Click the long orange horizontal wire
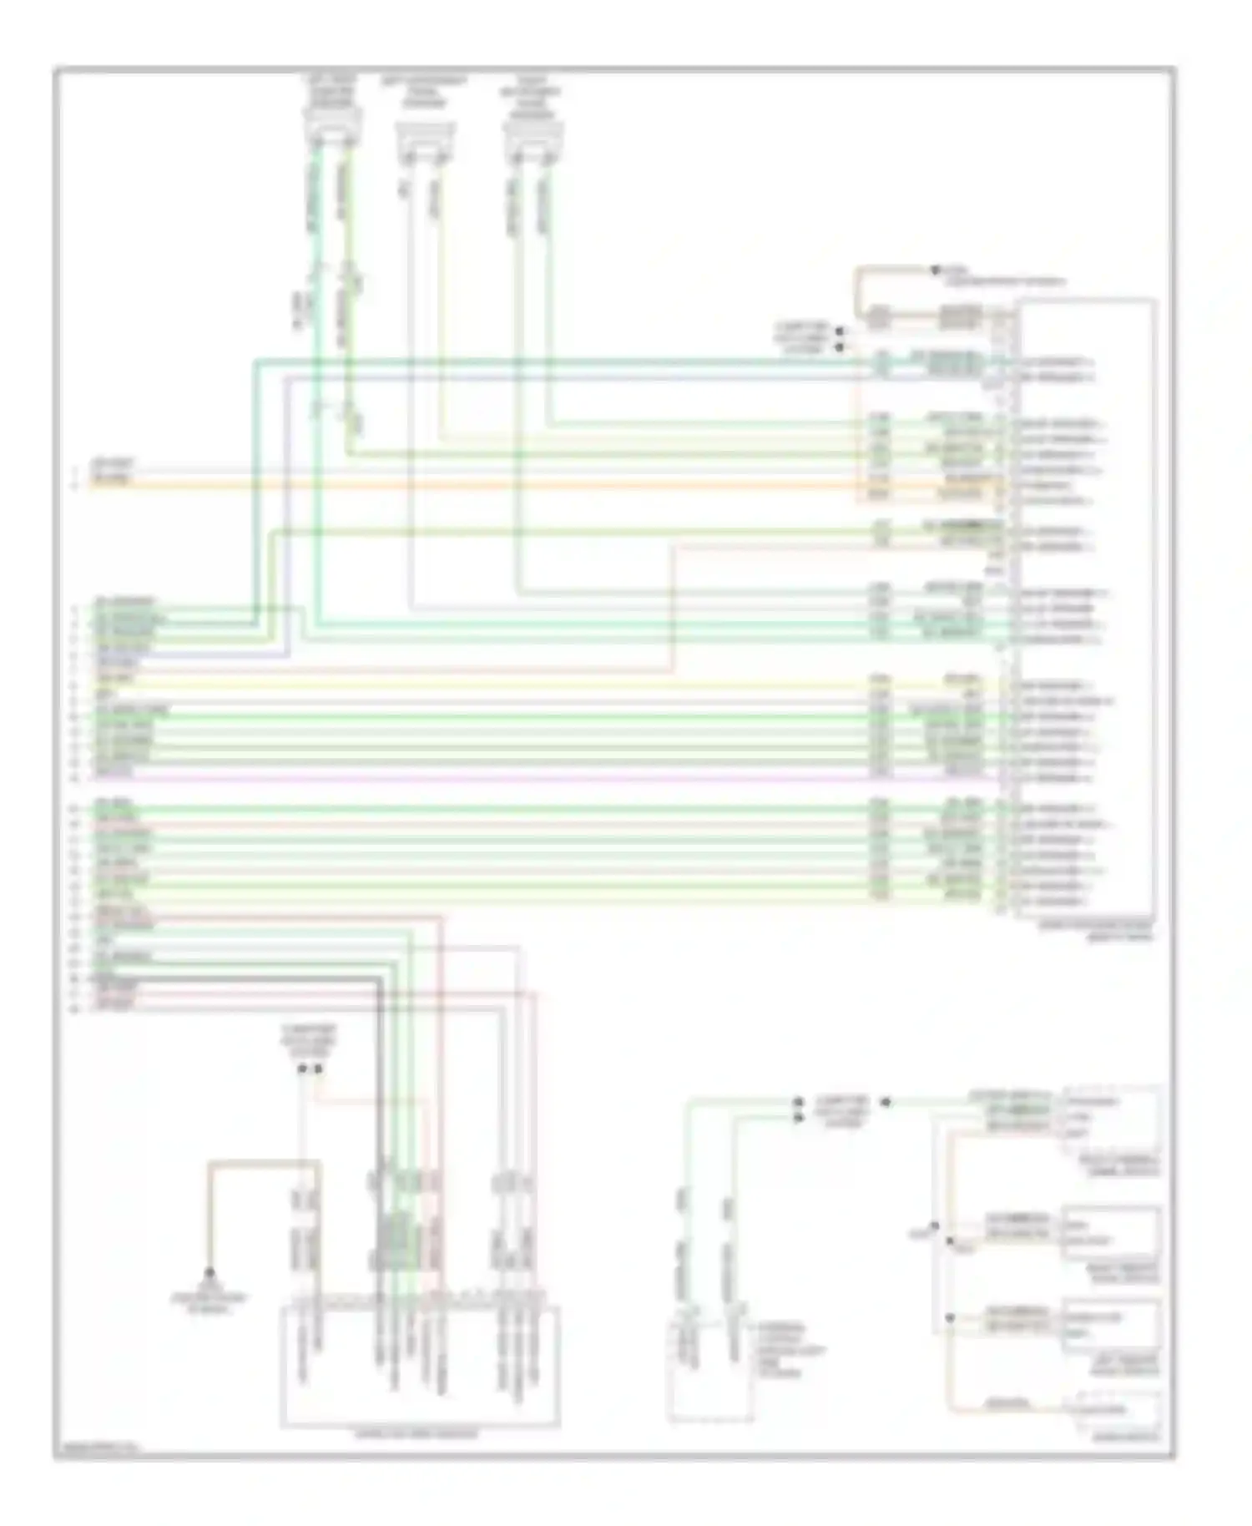pyautogui.click(x=501, y=484)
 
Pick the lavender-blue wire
pyautogui.click(x=584, y=378)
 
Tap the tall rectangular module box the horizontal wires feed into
pyautogui.click(x=1085, y=609)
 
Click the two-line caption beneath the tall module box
pyautogui.click(x=1096, y=931)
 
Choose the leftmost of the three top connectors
pyautogui.click(x=332, y=129)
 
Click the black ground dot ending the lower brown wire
pyautogui.click(x=210, y=1273)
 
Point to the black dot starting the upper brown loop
pyautogui.click(x=936, y=270)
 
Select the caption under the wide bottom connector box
pyautogui.click(x=417, y=1434)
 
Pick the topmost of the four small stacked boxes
pyautogui.click(x=1110, y=1119)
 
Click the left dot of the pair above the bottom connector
pyautogui.click(x=302, y=1069)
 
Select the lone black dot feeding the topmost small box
pyautogui.click(x=886, y=1102)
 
